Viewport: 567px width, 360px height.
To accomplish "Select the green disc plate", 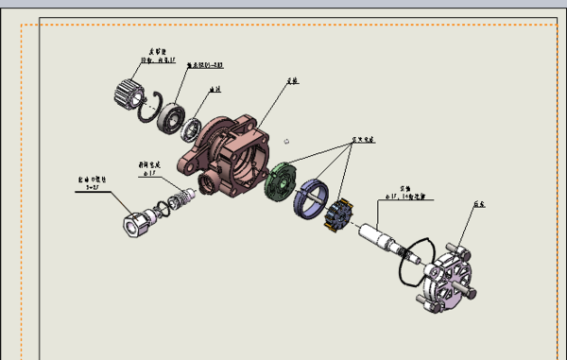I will pos(281,183).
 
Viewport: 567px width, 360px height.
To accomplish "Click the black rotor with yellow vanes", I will pos(335,216).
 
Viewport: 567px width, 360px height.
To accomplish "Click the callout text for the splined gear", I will pos(156,57).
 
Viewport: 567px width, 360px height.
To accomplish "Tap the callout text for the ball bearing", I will pos(203,65).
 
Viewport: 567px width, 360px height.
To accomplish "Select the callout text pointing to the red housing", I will pos(293,81).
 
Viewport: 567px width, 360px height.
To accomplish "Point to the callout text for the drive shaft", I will pos(409,194).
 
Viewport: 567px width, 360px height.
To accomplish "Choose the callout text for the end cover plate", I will pos(478,202).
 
